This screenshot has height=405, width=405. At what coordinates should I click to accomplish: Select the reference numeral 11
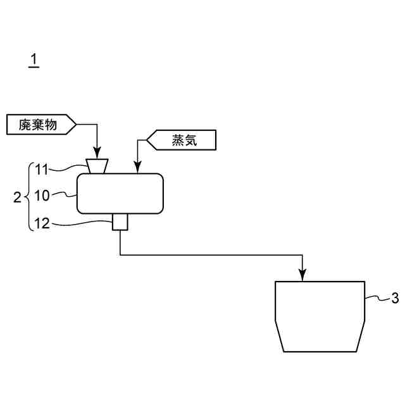pos(41,169)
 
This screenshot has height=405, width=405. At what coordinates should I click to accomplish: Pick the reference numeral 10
pos(41,196)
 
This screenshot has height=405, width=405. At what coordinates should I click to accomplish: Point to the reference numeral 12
pos(41,223)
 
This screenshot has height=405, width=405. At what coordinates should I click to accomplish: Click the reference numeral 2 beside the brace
pos(17,197)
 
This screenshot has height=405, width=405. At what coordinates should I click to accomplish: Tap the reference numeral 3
pos(394,298)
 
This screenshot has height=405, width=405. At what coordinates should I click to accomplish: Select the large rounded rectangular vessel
pos(120,194)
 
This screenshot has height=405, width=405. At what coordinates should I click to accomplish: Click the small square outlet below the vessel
pos(120,222)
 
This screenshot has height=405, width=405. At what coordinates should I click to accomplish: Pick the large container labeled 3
pos(320,316)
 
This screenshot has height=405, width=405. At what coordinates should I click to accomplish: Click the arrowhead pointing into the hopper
pos(97,153)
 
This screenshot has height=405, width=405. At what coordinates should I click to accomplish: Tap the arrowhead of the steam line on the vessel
pos(137,168)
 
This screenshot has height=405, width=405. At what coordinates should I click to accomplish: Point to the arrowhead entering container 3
pos(303,275)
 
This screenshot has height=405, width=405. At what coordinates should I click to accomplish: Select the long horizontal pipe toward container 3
pos(209,255)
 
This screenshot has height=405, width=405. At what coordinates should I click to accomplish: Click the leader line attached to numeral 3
pos(376,297)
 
